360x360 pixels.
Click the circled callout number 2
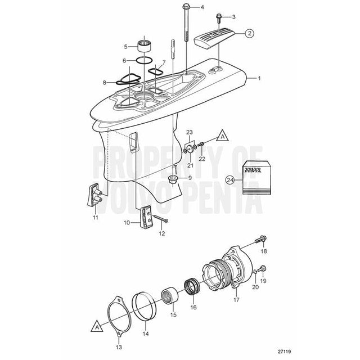[248, 34]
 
